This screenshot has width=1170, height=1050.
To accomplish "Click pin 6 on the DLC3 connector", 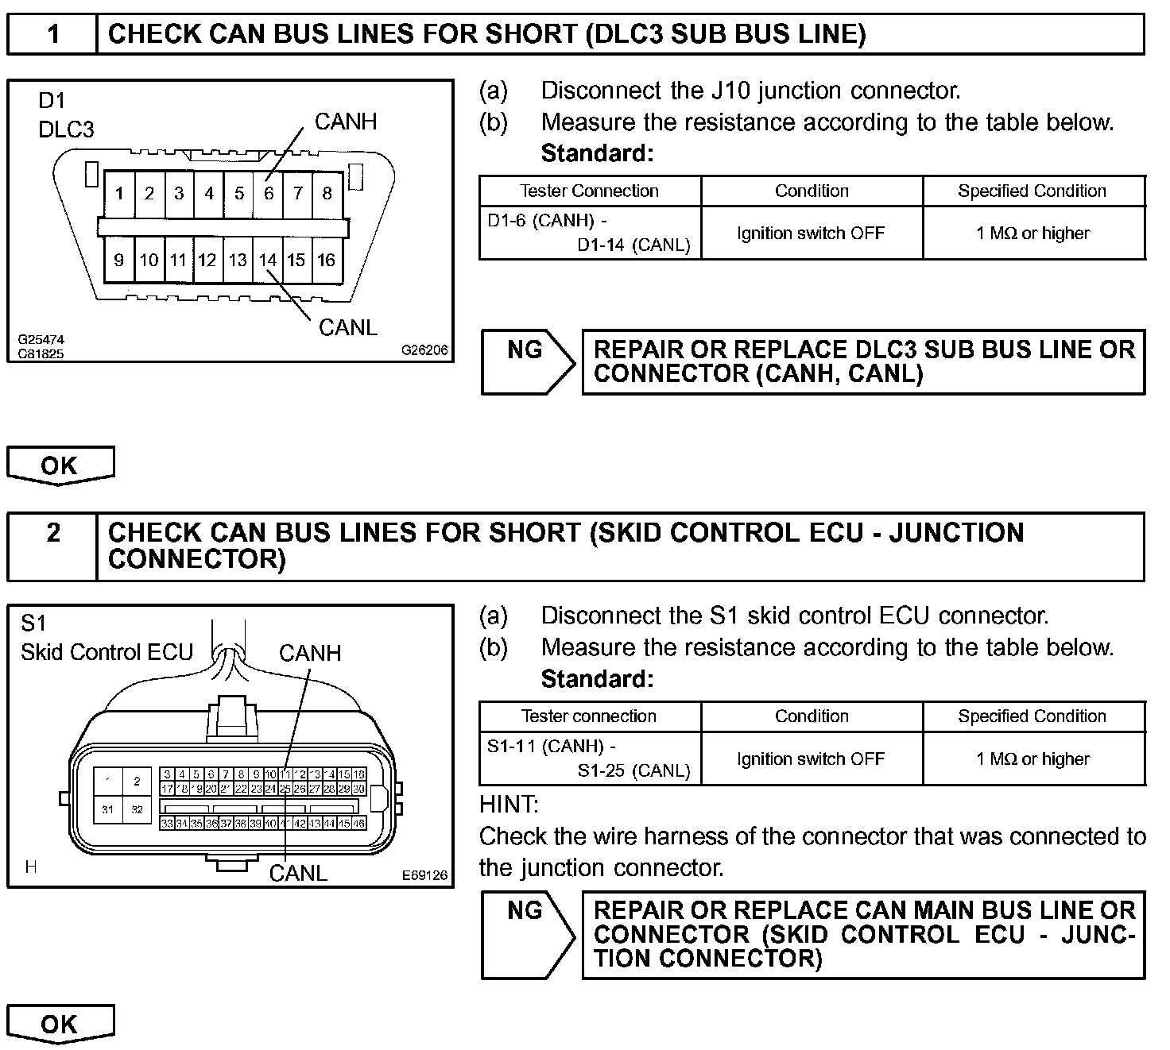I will (x=269, y=193).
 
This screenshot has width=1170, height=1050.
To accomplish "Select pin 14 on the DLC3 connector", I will (x=268, y=260).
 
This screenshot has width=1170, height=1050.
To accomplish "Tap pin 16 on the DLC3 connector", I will (x=326, y=260).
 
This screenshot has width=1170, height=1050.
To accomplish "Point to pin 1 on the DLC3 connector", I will (x=119, y=193).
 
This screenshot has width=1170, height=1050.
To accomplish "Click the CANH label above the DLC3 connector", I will (x=346, y=122).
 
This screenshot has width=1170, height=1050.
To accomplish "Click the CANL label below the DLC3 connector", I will (x=347, y=327).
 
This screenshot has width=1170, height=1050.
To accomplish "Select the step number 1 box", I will (x=52, y=34).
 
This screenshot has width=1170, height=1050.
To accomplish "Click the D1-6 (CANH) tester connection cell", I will (x=589, y=233).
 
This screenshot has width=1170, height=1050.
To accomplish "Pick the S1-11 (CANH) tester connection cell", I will (x=589, y=759).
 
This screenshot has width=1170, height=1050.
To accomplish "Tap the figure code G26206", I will (x=424, y=349).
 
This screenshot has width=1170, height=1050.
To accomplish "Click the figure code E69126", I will (x=424, y=875).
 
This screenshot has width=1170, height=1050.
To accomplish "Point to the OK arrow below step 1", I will (x=60, y=465).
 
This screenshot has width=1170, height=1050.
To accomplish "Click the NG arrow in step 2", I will (x=527, y=934).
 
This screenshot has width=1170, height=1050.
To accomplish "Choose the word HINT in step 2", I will (x=509, y=805).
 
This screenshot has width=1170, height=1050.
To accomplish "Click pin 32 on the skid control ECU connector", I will (x=138, y=810).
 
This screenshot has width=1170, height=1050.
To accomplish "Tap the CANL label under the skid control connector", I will (x=298, y=873).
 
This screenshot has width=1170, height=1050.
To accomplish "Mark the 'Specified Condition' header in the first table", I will (x=1032, y=191).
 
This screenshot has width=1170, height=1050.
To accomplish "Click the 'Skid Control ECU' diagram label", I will (x=107, y=652).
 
